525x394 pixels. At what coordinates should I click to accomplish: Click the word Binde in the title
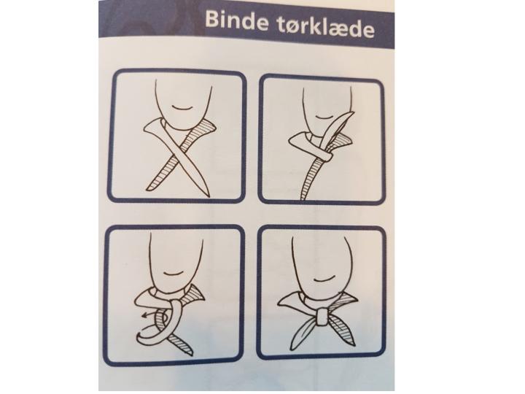coord(237,20)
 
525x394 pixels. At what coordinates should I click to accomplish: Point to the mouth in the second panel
coord(324,116)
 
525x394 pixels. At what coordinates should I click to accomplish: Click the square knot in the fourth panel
coord(322,317)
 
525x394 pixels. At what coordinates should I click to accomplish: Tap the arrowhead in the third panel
coord(144,314)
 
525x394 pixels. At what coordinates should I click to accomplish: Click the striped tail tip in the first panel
coord(151,188)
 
